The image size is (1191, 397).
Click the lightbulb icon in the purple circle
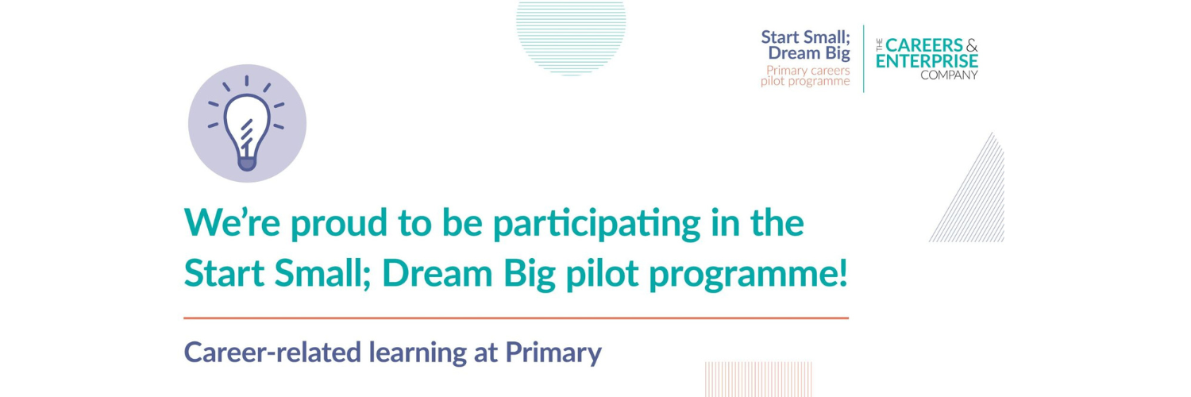pos(247,125)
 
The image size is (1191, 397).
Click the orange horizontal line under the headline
pos(516,318)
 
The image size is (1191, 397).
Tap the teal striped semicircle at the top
pos(571,36)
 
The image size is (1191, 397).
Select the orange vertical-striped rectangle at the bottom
pos(736,379)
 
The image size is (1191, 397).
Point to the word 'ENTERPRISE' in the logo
pos(927,61)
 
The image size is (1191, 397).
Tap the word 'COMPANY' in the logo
pos(949,75)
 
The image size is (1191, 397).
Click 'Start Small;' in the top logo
pos(805,37)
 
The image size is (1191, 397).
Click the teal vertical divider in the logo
pos(863,58)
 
